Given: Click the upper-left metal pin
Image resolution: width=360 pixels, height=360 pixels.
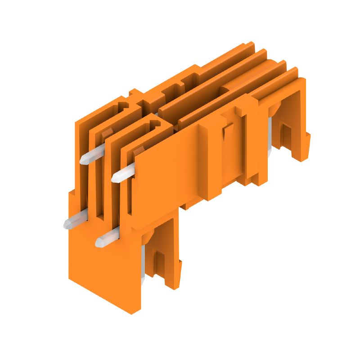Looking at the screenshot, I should pos(88,157).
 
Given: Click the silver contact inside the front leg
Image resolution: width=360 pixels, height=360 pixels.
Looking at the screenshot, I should pos(144,265).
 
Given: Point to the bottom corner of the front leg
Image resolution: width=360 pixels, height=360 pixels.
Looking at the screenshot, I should pos(135,313).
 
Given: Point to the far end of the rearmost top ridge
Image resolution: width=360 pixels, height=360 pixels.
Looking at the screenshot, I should pos(250,45).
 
